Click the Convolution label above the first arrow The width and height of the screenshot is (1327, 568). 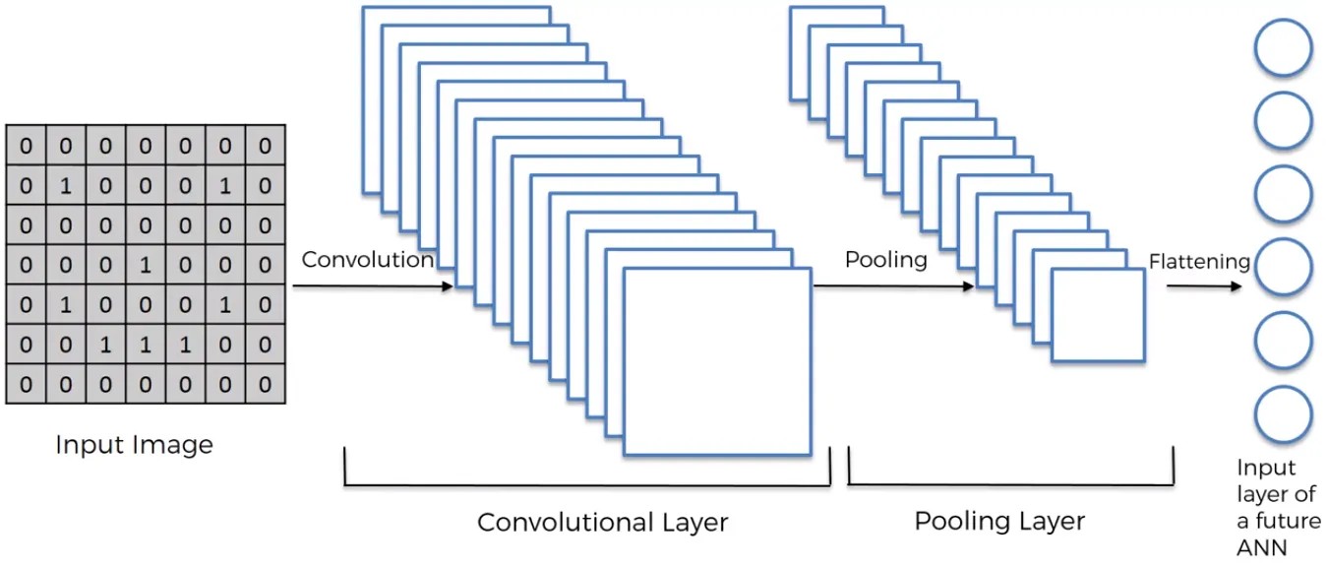point(367,260)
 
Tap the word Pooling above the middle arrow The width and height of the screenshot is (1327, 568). point(885,260)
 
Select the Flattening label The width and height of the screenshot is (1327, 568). point(1199,262)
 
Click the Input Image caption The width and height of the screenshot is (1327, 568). point(134,445)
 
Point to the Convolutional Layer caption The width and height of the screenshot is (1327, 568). point(602,522)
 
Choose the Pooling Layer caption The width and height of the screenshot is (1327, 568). point(999,521)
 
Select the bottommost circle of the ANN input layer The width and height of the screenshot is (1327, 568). point(1283,414)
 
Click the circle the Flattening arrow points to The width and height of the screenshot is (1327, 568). point(1283,267)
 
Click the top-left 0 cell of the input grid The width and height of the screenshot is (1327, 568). point(26,146)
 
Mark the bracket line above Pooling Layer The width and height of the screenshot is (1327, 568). point(1010,483)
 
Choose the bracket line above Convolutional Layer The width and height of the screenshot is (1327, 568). point(587,484)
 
